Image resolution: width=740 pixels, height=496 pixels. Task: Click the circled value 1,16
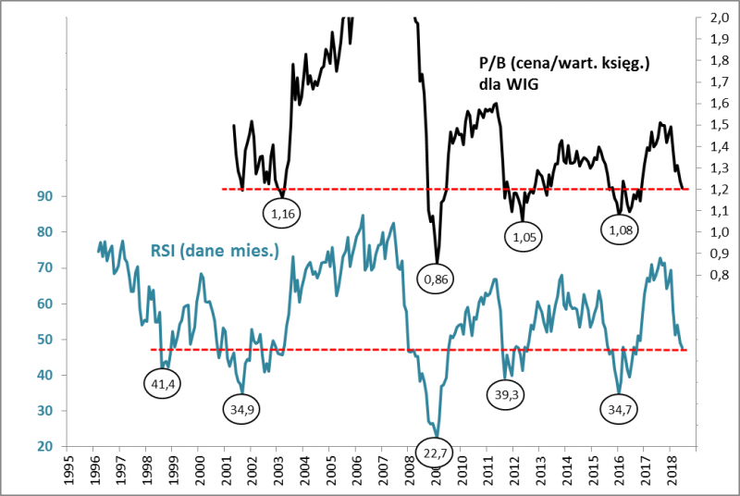[x=282, y=215]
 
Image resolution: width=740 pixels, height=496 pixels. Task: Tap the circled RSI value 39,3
[x=505, y=392]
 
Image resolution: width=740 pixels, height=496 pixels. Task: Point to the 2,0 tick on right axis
[x=718, y=19]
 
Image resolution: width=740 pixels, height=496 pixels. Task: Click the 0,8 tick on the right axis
[x=718, y=275]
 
